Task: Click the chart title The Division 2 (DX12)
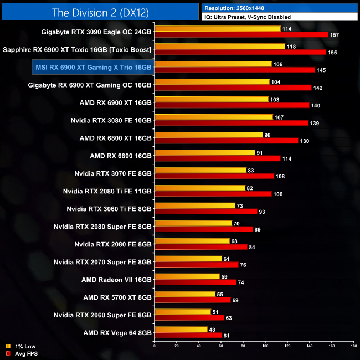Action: [x=99, y=12]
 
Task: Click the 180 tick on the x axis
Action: [x=353, y=347]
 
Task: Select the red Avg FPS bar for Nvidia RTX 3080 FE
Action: [x=231, y=123]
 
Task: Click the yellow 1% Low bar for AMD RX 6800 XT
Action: [x=209, y=135]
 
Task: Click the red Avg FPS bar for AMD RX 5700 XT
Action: [x=192, y=300]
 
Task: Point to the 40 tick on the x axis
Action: [x=199, y=347]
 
